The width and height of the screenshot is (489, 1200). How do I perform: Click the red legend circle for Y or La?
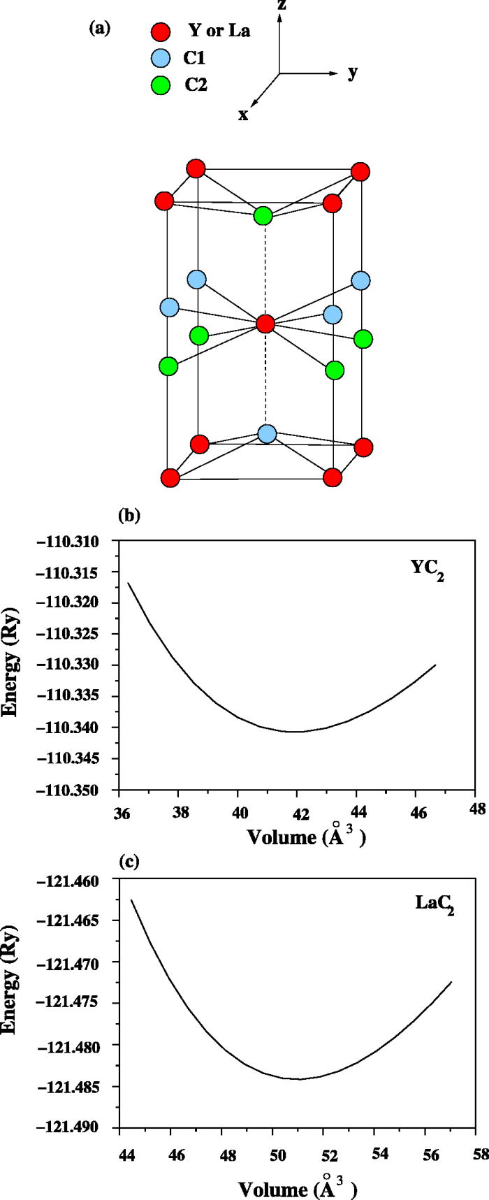pos(161,31)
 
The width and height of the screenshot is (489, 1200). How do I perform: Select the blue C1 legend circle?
pos(161,59)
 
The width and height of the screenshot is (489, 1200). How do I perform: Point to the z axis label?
pos(281,6)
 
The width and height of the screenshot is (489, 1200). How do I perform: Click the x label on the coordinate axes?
pos(243,115)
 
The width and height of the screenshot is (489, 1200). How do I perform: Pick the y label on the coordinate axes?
pos(353,72)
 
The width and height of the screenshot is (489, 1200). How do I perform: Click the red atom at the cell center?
pos(265,324)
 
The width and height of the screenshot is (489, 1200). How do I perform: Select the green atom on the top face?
pos(263,215)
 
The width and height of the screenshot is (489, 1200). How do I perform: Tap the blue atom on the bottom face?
pos(267,434)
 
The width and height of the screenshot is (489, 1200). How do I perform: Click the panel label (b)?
pos(130,516)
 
